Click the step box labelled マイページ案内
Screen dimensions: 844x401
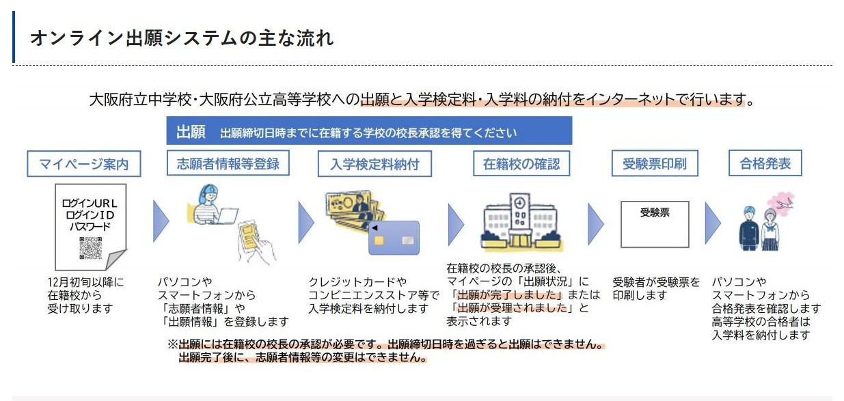click(84, 164)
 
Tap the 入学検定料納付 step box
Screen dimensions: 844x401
click(375, 164)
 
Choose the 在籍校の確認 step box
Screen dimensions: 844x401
click(521, 164)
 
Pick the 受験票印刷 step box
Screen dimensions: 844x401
click(654, 164)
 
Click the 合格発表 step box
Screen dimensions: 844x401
click(765, 164)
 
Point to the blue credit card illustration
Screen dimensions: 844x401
click(393, 237)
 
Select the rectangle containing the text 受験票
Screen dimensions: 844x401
click(654, 224)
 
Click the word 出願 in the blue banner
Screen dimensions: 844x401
click(191, 132)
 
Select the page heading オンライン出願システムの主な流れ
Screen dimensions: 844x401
click(182, 38)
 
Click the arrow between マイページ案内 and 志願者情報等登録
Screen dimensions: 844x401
click(161, 221)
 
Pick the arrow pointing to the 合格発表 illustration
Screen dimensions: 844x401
click(712, 221)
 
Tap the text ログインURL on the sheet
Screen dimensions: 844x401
click(90, 203)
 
